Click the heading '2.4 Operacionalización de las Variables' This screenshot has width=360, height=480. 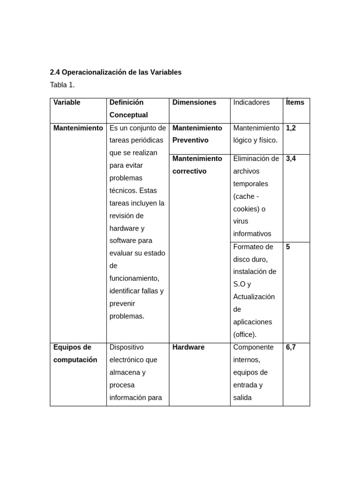(115, 72)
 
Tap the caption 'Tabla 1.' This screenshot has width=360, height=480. (62, 85)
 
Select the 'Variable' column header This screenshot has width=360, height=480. (67, 102)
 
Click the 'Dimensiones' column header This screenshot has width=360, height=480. (194, 102)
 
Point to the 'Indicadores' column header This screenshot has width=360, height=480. (251, 102)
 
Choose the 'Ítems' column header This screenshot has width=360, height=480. (295, 102)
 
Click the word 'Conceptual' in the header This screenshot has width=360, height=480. (128, 115)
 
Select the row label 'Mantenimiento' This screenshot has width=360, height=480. (78, 128)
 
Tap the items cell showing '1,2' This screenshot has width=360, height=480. (291, 128)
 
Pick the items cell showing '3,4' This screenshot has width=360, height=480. (291, 158)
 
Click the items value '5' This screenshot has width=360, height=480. (288, 247)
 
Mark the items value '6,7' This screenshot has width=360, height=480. (291, 347)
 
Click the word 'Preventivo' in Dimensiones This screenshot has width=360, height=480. (190, 140)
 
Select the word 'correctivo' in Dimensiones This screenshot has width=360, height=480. (189, 171)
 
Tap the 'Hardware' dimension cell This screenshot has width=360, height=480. (188, 347)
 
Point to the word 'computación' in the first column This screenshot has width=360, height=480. (75, 360)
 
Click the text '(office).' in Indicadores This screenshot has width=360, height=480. (245, 335)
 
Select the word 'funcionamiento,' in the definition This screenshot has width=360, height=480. (134, 278)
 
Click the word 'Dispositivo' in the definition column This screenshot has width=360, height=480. (127, 347)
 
